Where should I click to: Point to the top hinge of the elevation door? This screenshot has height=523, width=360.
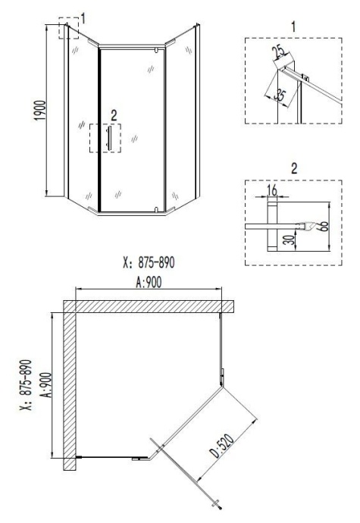click(155, 50)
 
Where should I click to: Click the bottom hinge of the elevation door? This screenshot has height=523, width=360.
click(155, 208)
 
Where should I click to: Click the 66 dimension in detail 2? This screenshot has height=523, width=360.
click(323, 225)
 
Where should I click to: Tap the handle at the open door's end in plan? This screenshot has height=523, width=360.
click(219, 504)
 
